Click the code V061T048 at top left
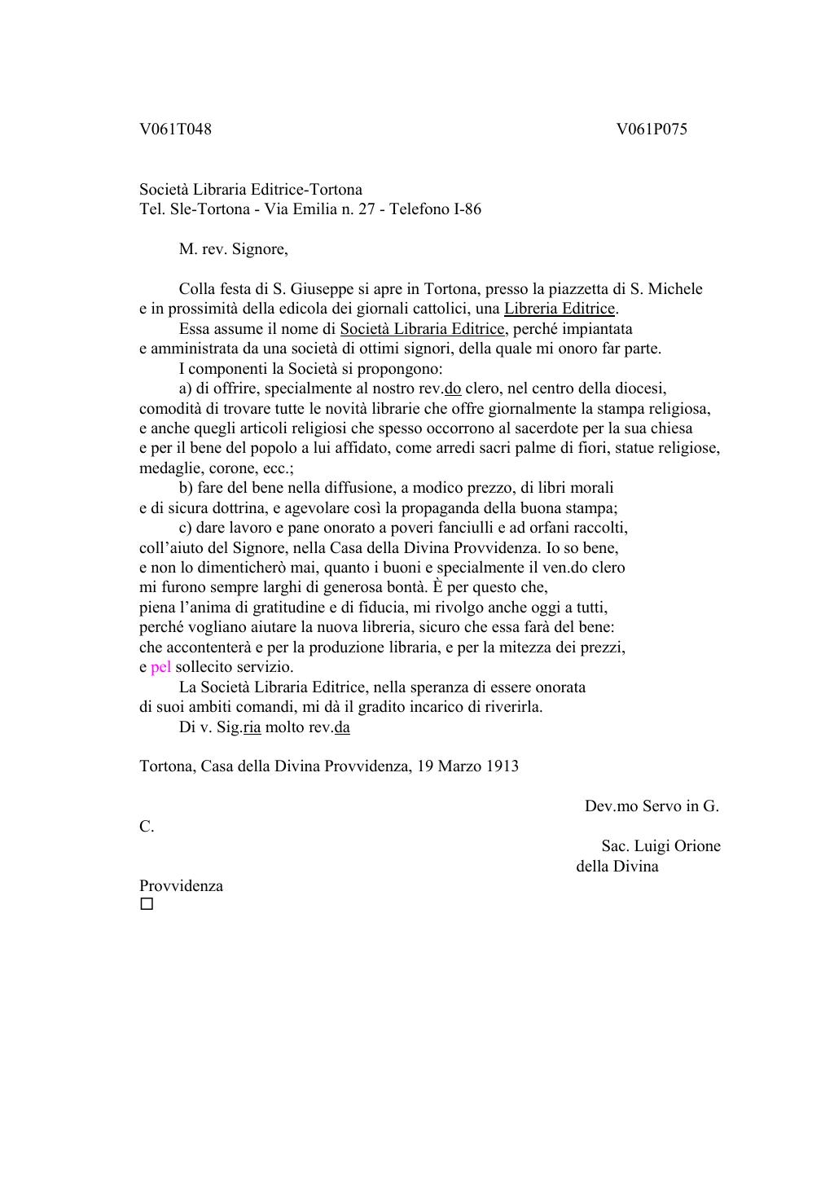pyautogui.click(x=175, y=130)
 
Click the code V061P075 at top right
pyautogui.click(x=652, y=130)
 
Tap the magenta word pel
pyautogui.click(x=160, y=667)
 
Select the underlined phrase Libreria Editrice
pyautogui.click(x=560, y=309)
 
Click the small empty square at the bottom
pyautogui.click(x=147, y=904)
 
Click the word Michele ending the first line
pyautogui.click(x=675, y=289)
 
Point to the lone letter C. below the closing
pyautogui.click(x=147, y=827)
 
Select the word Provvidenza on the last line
pyautogui.click(x=181, y=886)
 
